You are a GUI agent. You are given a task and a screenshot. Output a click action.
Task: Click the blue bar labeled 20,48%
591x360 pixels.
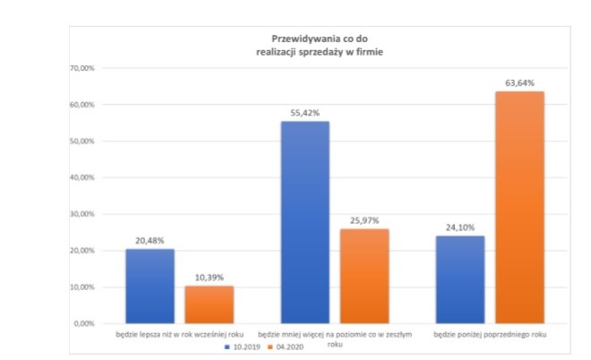coord(150,286)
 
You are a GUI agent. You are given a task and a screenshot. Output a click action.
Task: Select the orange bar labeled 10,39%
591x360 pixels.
coord(209,304)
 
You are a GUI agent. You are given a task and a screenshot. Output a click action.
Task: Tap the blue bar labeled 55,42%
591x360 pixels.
coord(305,222)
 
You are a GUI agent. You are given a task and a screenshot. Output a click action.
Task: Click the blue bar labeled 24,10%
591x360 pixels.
coord(460,279)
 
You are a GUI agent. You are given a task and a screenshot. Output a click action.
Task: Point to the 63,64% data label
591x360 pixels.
coord(520,83)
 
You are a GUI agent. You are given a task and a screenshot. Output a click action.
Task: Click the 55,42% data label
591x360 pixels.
coord(305,113)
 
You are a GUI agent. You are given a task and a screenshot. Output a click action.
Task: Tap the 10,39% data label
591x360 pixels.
coord(209,278)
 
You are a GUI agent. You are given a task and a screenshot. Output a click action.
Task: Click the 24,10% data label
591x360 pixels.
coord(460,227)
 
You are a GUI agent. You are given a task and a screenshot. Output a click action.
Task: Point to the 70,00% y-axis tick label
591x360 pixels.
coord(82,69)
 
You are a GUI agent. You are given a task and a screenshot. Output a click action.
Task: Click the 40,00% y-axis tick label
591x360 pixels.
coord(82,177)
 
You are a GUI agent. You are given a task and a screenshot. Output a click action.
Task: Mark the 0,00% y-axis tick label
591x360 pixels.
coord(84,323)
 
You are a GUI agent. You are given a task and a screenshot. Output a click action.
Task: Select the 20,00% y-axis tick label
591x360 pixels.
coord(82,251)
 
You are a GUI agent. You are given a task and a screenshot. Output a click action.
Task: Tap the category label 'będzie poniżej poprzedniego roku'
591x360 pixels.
coord(490,334)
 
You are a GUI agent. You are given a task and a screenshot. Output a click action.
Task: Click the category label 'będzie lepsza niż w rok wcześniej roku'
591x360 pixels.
coord(179,334)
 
